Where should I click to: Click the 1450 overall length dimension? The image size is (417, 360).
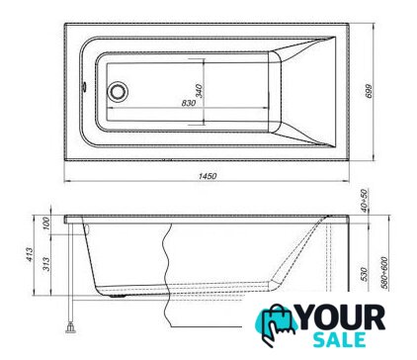[x=208, y=176]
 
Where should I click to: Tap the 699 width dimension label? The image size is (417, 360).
[x=369, y=91]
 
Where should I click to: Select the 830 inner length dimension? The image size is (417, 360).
[x=189, y=103]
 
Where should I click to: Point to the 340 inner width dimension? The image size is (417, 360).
[x=199, y=91]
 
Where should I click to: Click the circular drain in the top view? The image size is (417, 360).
[x=118, y=91]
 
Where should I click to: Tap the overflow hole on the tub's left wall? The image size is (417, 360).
[x=84, y=87]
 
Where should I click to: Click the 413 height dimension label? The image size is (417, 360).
[x=30, y=254]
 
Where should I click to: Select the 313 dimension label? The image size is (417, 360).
[x=46, y=264]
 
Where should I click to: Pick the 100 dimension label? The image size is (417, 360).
[x=46, y=224]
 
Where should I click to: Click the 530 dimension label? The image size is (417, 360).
[x=364, y=274]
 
